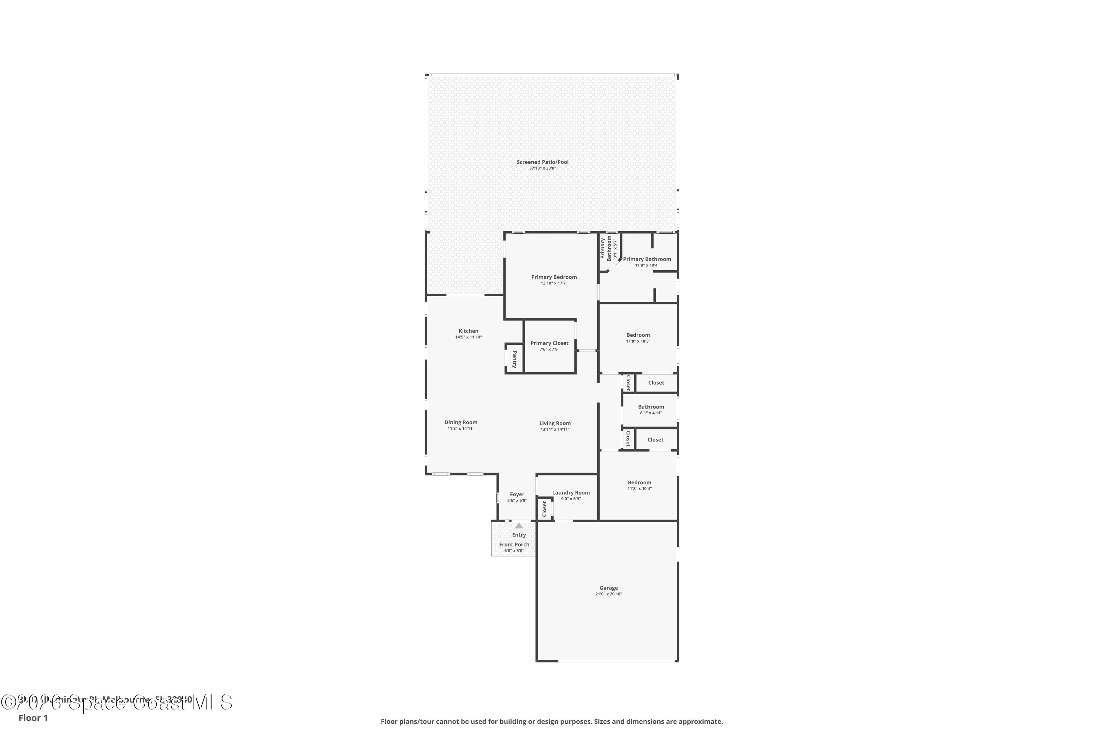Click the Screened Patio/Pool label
542,162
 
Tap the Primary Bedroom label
554,277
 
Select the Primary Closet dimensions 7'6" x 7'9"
549,349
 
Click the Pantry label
514,359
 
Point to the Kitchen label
468,331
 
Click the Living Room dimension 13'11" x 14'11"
555,429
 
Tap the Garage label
608,588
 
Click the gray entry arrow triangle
519,526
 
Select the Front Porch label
514,545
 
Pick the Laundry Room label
571,492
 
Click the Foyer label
517,494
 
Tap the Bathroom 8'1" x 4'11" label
651,407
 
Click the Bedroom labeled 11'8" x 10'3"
638,335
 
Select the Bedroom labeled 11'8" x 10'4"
639,482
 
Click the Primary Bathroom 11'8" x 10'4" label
647,259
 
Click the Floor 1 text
33,718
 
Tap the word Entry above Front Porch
519,535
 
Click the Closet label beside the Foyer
545,509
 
